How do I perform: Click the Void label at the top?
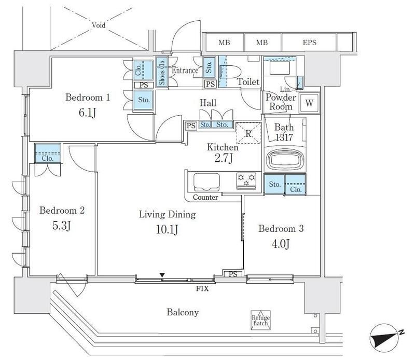[x=99, y=25]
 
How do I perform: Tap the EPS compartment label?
[x=309, y=43]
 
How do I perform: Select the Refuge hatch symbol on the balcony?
[x=261, y=320]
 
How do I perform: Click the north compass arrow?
[x=385, y=338]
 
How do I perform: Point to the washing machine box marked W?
[x=309, y=103]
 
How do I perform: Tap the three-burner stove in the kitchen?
[x=246, y=181]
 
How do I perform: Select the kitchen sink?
[x=206, y=182]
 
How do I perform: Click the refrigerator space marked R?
[x=248, y=133]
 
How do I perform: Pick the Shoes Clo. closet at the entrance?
[x=162, y=72]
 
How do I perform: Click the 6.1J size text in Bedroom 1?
[x=87, y=113]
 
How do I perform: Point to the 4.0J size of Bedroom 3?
[x=281, y=243]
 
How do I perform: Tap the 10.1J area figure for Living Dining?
[x=167, y=229]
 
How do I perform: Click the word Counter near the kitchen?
[x=205, y=197]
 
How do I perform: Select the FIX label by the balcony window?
[x=202, y=288]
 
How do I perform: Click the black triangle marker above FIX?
[x=162, y=275]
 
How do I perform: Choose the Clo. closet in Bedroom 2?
[x=48, y=153]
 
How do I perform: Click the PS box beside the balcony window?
[x=233, y=274]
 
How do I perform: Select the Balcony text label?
[x=183, y=312]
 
